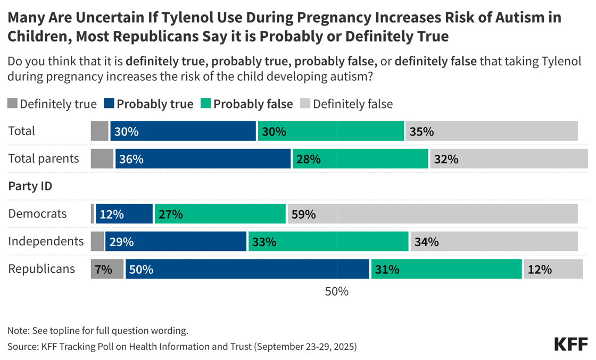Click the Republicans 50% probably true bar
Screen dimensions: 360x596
247,269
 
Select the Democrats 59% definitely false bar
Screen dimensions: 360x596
433,214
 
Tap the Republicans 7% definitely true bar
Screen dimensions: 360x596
107,269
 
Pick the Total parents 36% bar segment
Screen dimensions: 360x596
203,158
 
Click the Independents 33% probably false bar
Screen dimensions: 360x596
328,241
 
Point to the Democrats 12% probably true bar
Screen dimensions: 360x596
124,214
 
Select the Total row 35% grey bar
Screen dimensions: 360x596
491,131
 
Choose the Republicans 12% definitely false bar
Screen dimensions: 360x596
553,269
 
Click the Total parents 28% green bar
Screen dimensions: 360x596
360,158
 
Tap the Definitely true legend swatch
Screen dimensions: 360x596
13,103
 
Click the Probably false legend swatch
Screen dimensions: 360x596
206,103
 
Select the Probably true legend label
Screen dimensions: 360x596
155,104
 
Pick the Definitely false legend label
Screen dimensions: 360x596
352,104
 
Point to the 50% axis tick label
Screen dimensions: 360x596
337,291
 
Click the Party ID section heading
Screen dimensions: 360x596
29,186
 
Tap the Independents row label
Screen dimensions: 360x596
46,241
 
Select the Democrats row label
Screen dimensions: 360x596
37,214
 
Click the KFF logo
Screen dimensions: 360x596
571,344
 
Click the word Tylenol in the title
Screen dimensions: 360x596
183,18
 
